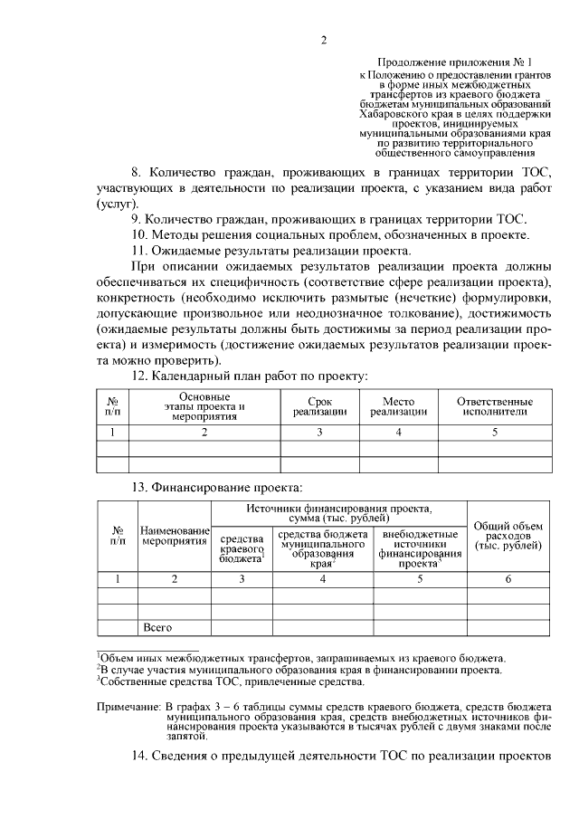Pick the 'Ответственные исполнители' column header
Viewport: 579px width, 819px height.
(x=494, y=406)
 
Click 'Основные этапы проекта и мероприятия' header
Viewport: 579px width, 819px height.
(x=204, y=406)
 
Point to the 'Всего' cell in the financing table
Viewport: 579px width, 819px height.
(x=157, y=626)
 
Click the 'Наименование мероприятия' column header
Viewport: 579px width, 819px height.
(x=174, y=534)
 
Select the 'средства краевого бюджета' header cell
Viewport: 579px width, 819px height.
(x=242, y=548)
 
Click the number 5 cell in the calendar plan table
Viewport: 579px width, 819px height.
(x=494, y=433)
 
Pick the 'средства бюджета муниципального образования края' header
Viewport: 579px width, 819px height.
(x=323, y=548)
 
